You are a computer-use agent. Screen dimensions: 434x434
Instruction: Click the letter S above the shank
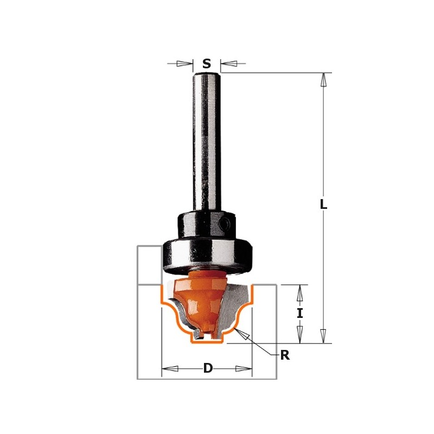207,64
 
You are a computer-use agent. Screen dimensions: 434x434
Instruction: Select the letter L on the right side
323,205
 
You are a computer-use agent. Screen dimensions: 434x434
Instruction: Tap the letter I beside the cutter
299,313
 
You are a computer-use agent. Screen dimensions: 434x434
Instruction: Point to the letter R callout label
284,356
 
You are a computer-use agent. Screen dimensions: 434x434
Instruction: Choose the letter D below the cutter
208,369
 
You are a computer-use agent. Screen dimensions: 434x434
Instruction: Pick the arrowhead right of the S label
228,63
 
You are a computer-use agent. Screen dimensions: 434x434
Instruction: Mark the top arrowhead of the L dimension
323,80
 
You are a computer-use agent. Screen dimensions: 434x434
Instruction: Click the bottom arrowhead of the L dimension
323,336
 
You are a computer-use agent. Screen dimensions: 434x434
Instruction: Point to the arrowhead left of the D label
170,369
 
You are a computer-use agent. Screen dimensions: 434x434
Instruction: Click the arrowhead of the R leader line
243,335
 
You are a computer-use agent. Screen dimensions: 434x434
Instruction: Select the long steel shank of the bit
206,141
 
